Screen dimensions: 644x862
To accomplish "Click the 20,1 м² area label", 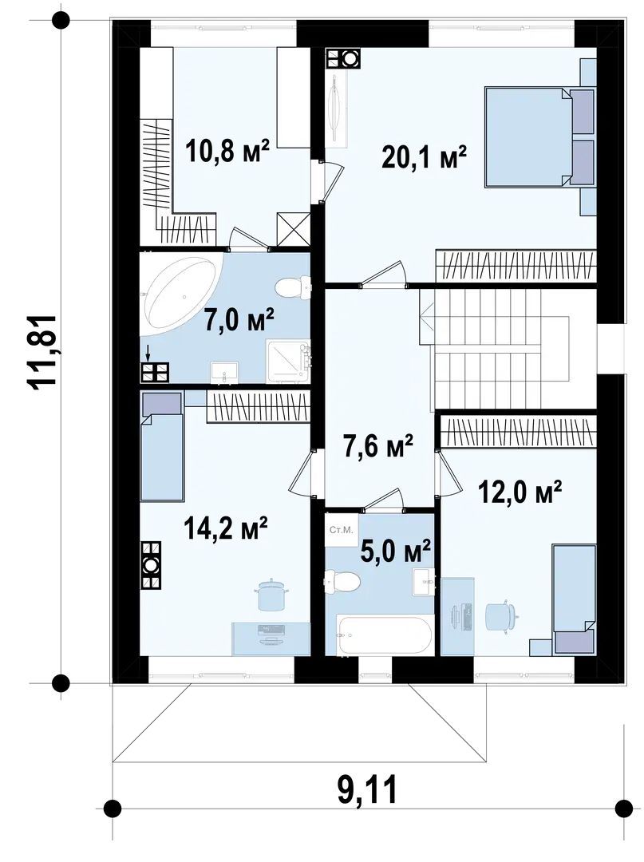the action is tap(424, 158).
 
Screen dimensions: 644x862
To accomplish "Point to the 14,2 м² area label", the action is tap(226, 528).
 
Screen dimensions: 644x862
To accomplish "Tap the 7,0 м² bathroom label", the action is tap(239, 320).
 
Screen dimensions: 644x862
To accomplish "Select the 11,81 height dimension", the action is tap(41, 353).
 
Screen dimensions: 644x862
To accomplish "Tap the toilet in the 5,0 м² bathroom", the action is tap(342, 581).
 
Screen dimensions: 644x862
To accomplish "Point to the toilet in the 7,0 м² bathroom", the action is tap(293, 286).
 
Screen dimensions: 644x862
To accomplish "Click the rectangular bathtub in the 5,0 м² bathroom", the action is tap(384, 635).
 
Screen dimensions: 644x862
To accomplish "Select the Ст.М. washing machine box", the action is tap(341, 530).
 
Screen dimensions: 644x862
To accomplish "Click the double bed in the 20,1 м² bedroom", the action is tap(540, 136).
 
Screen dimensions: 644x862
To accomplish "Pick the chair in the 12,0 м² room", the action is tap(502, 615).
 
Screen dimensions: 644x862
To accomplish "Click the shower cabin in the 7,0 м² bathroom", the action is tap(288, 361).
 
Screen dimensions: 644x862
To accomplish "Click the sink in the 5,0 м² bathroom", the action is tap(424, 582).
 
